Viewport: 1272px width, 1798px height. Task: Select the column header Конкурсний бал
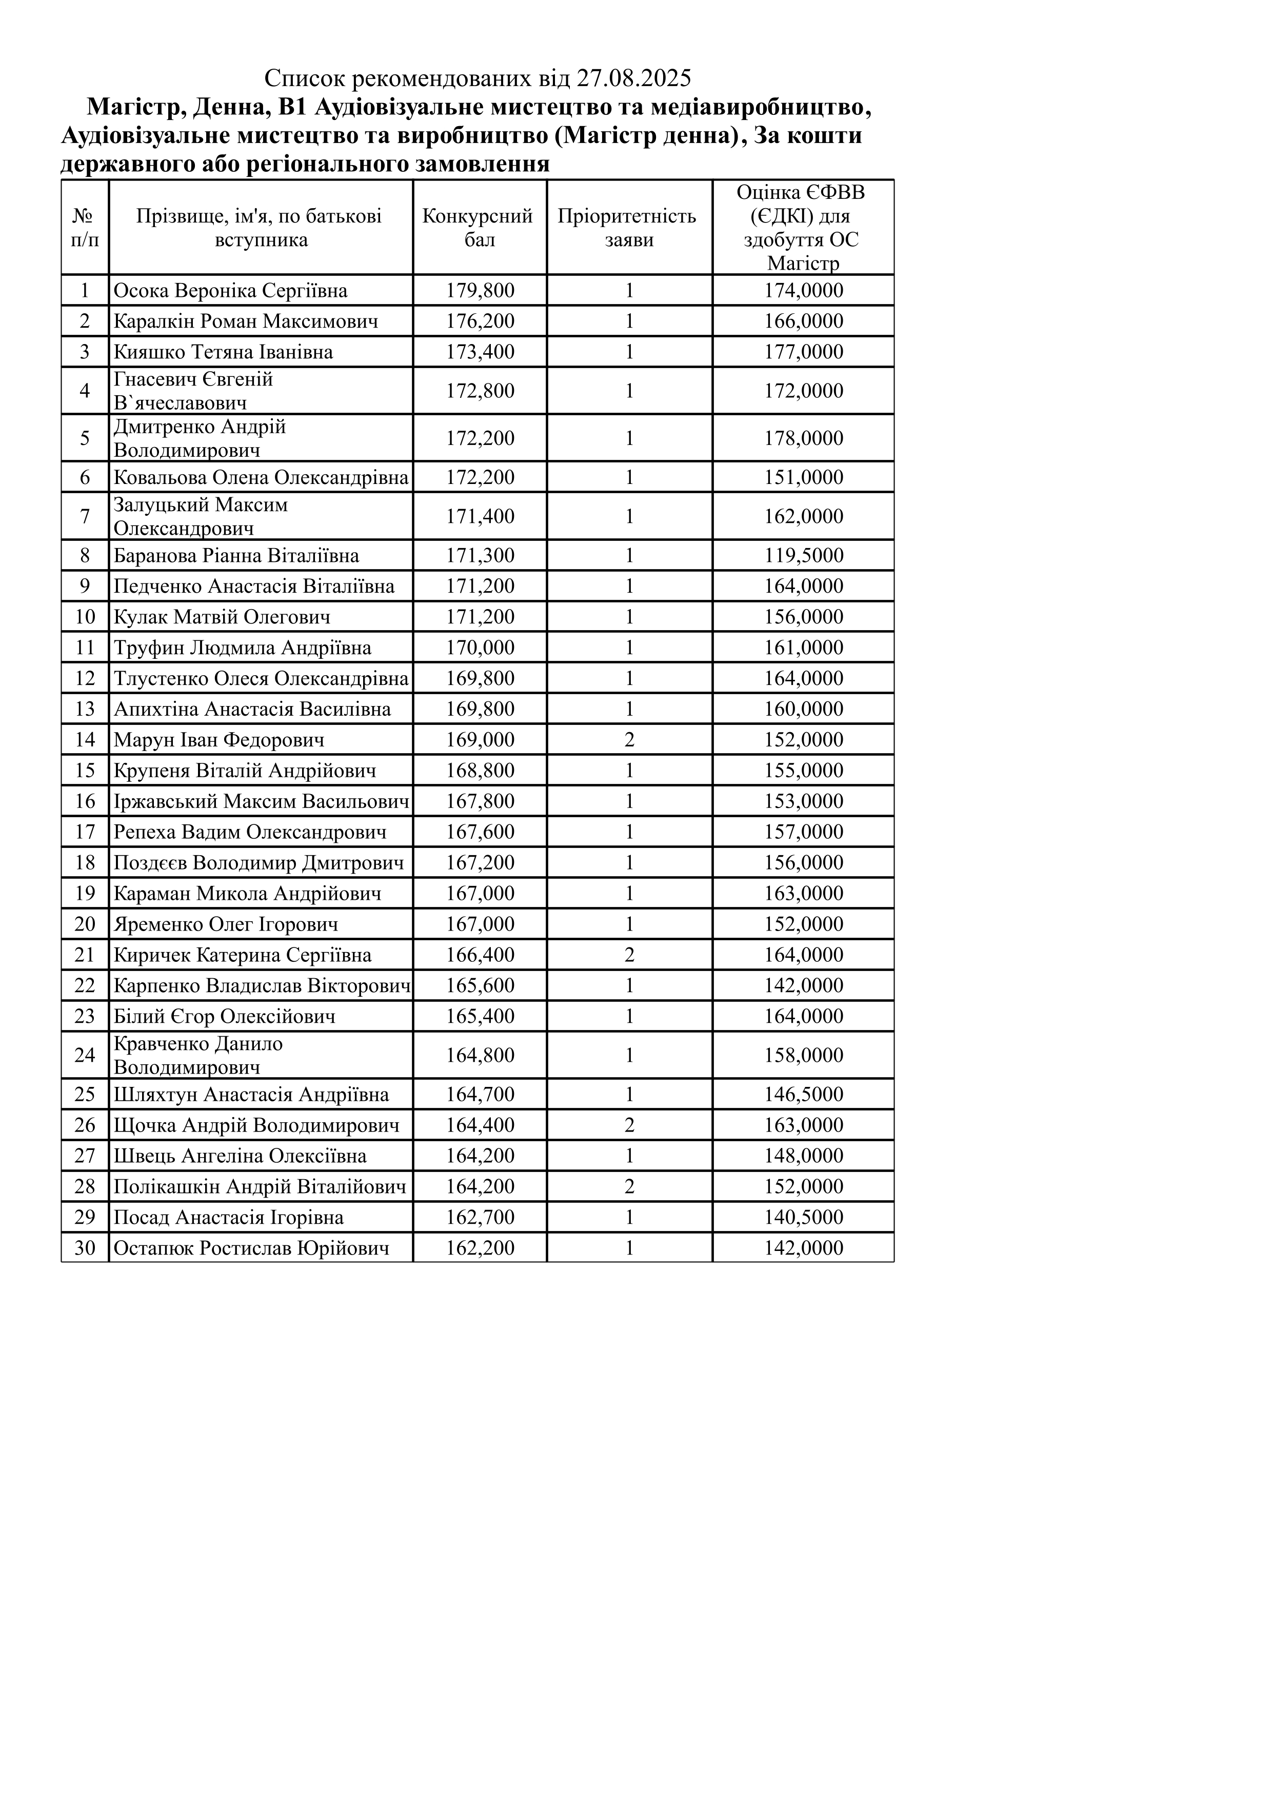click(478, 227)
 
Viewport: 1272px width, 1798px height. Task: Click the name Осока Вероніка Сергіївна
click(230, 291)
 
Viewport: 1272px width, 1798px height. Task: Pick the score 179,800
click(480, 291)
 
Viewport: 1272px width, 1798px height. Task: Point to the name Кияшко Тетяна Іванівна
click(223, 352)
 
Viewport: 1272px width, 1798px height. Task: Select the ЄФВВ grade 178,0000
click(804, 438)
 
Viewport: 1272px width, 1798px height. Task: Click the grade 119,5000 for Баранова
click(804, 555)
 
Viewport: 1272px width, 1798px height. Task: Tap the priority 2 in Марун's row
click(629, 739)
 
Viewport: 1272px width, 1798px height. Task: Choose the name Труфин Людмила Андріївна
click(242, 648)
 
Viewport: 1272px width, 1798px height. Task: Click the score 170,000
click(480, 648)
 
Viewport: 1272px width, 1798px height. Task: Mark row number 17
click(85, 832)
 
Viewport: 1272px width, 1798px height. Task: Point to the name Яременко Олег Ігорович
click(226, 924)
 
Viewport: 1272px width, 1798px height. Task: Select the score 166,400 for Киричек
click(480, 955)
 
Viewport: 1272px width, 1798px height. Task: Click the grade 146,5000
click(804, 1094)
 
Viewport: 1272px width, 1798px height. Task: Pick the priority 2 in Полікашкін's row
click(629, 1186)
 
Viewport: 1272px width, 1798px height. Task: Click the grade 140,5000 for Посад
click(804, 1217)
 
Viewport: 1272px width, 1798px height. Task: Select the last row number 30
click(85, 1247)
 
